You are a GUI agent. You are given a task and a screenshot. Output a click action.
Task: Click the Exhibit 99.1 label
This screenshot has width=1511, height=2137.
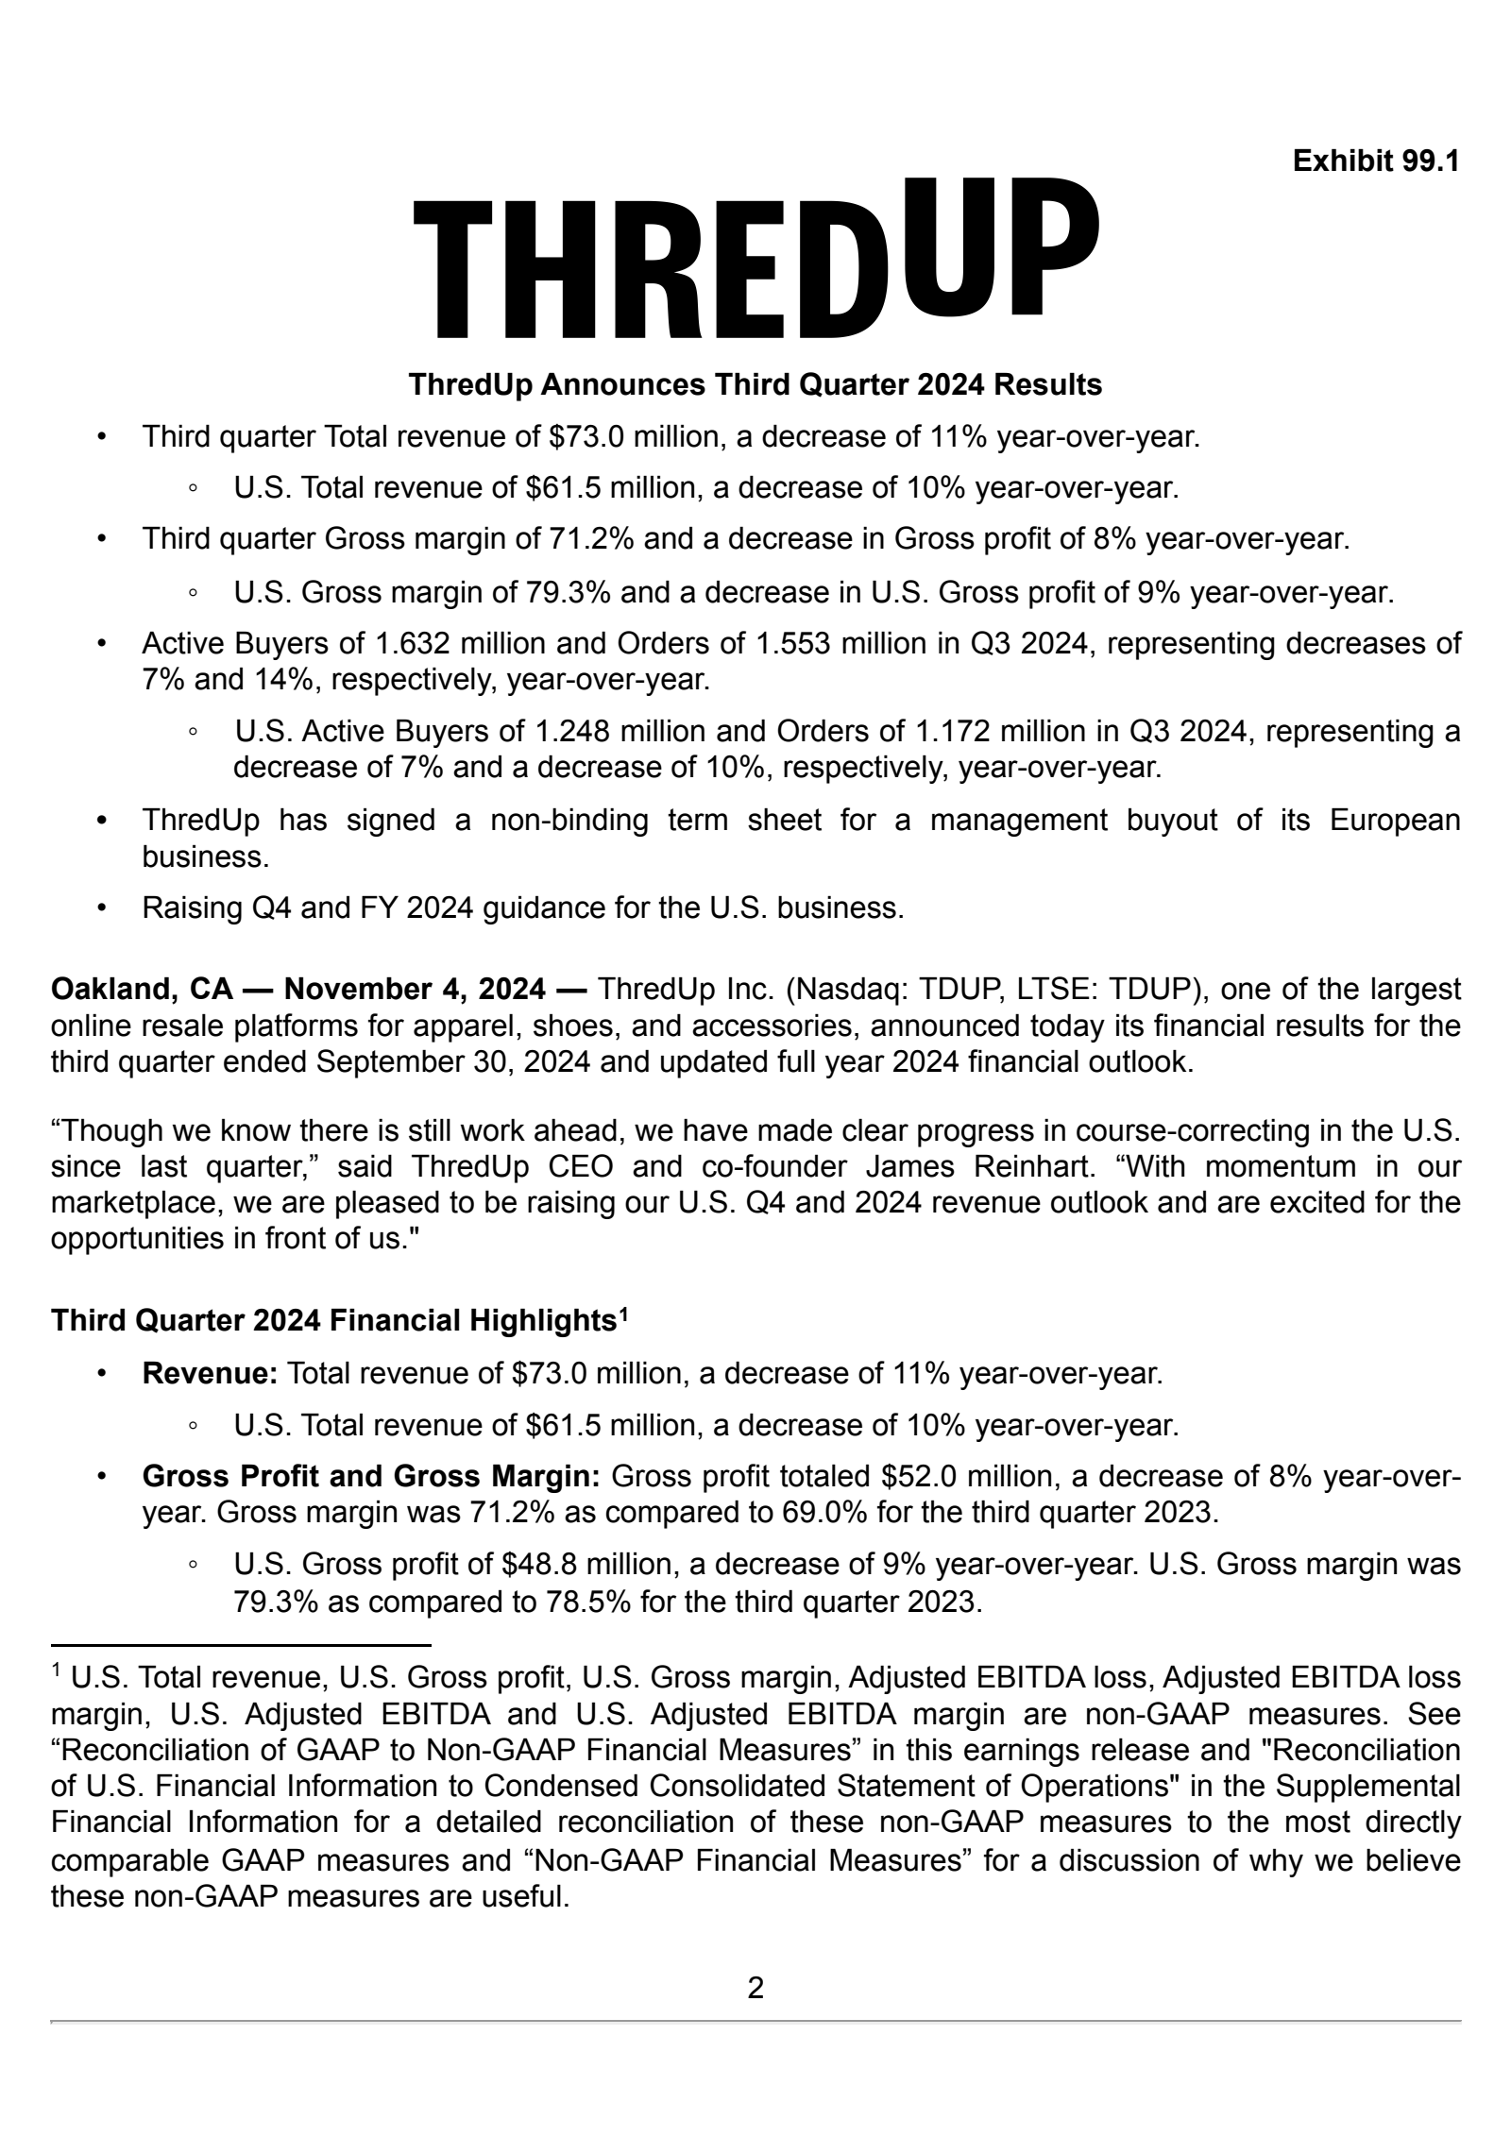(1376, 161)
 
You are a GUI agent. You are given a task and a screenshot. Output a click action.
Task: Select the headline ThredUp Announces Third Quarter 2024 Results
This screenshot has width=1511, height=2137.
(755, 385)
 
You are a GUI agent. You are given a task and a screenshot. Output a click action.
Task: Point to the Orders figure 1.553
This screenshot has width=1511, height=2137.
(794, 644)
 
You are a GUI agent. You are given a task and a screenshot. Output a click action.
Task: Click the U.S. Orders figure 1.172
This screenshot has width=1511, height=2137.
(954, 732)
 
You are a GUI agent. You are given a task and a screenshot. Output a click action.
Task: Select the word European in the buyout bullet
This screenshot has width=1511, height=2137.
(1395, 820)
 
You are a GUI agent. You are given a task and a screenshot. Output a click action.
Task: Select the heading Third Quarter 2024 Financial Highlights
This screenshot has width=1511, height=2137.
(333, 1320)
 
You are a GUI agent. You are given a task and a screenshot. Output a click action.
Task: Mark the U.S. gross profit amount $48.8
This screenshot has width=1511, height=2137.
(538, 1565)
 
